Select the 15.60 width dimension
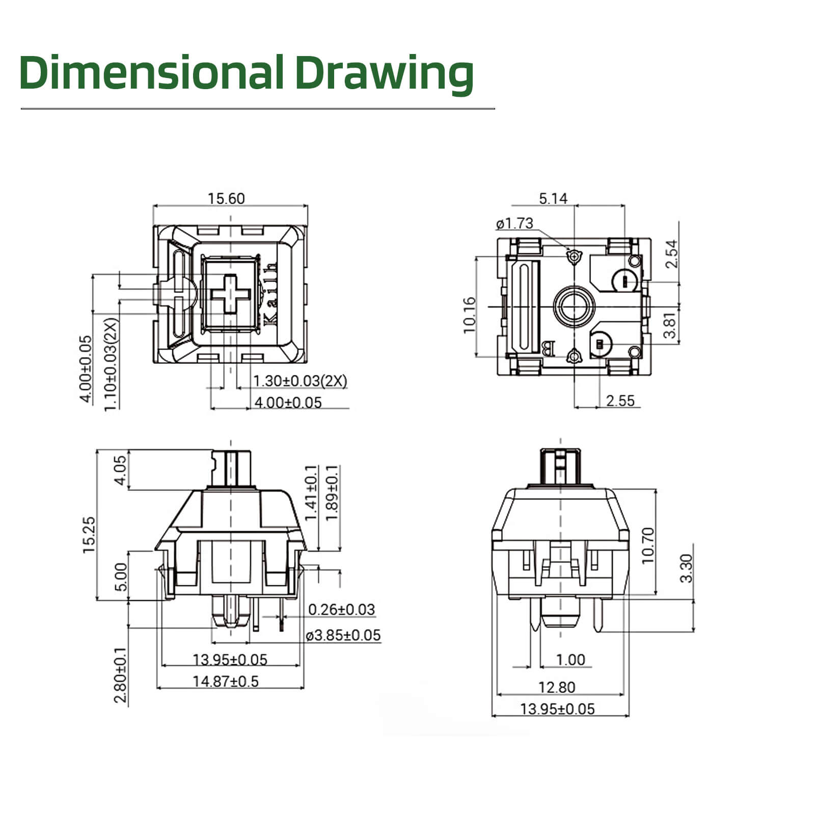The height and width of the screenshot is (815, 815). (x=226, y=198)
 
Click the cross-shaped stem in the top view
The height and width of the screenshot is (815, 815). (x=231, y=294)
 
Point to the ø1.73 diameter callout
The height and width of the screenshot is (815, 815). (x=514, y=223)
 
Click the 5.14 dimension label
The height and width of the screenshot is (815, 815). (x=553, y=198)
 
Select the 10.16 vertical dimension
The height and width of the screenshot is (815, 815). (x=470, y=315)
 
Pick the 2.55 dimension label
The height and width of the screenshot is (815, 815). (x=620, y=401)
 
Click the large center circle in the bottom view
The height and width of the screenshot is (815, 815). (x=574, y=307)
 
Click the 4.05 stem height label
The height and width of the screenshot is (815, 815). (x=119, y=470)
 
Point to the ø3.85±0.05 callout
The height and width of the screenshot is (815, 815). (x=343, y=635)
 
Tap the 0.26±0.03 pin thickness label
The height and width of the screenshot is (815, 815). (x=341, y=609)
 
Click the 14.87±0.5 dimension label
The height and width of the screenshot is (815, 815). (x=226, y=681)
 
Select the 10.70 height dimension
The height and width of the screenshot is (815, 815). (x=647, y=545)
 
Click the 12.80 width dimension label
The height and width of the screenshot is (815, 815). (x=557, y=687)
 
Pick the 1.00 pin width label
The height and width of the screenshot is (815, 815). (x=570, y=660)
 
